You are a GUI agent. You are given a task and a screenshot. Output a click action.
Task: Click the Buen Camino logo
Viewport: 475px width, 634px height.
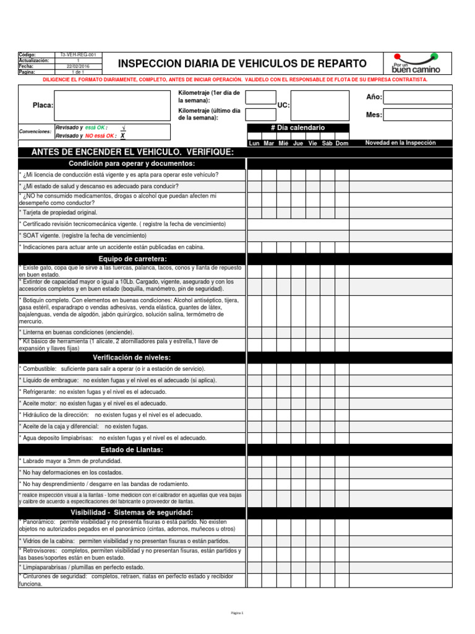coord(416,63)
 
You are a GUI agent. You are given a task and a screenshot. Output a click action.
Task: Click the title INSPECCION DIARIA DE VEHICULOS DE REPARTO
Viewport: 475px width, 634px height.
coord(242,64)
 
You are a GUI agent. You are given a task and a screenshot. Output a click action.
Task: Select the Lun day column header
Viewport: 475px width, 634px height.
coord(254,144)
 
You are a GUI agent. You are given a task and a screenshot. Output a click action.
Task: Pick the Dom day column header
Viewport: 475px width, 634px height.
coord(342,144)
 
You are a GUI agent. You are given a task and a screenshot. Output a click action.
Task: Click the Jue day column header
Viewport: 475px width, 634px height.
coord(298,144)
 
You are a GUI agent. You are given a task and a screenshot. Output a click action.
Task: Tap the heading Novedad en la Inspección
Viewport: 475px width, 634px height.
coord(400,143)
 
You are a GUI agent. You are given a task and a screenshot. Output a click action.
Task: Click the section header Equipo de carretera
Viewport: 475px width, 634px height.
coord(132,258)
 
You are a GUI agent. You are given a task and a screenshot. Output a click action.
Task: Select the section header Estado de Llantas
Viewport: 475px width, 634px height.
coord(132,449)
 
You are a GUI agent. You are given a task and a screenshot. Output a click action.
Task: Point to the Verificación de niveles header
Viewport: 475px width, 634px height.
coord(132,358)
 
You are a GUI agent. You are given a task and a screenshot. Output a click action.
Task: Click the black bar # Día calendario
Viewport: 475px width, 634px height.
coord(297,128)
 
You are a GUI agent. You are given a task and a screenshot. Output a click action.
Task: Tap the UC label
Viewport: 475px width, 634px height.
coord(283,106)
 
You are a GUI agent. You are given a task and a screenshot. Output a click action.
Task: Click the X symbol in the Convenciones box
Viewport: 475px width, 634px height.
coord(122,136)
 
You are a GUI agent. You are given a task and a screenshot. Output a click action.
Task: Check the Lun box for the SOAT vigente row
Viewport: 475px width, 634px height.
coord(254,236)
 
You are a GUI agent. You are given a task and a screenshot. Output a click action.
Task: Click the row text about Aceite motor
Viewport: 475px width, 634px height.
coord(93,403)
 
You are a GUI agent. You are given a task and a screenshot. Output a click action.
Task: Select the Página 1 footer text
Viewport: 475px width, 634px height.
coord(237,613)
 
